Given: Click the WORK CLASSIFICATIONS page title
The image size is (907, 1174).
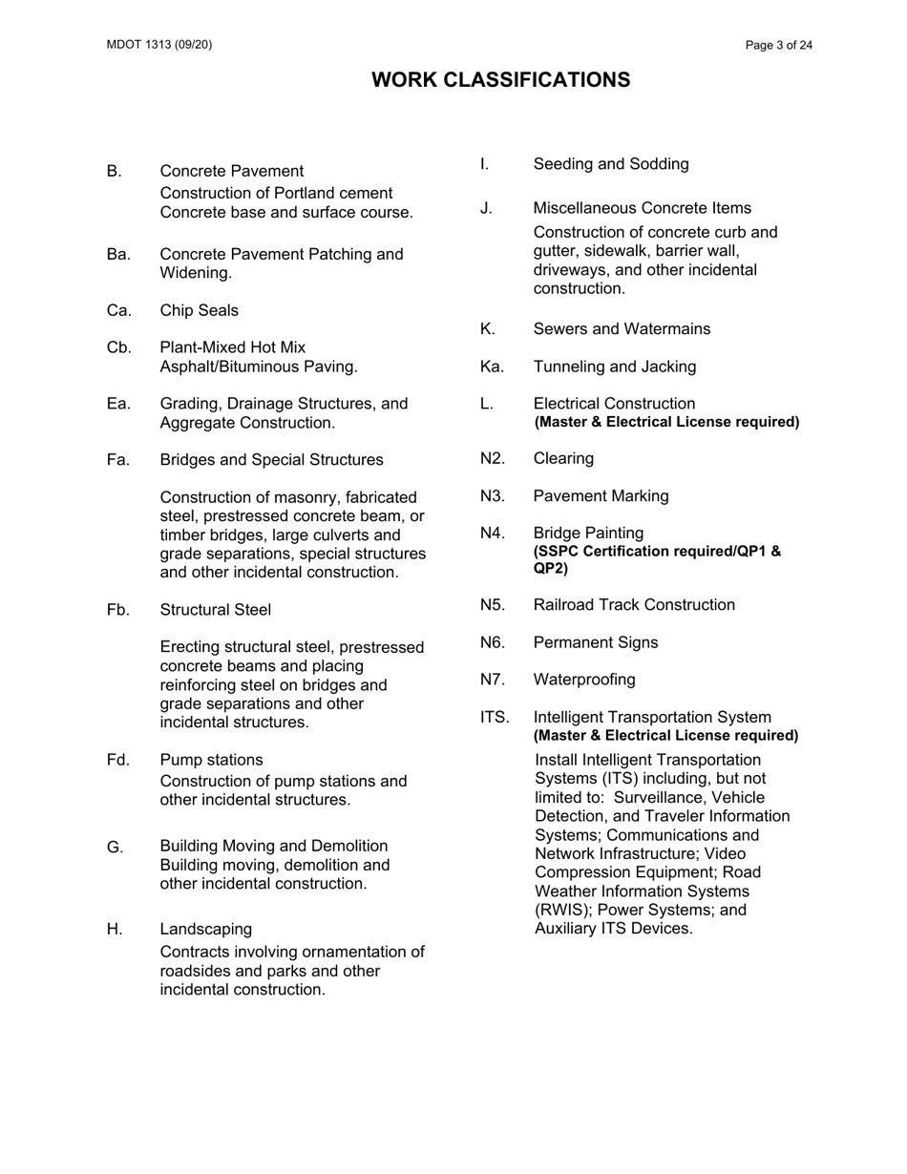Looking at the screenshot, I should (500, 80).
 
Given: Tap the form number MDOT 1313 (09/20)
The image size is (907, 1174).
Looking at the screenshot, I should (159, 45).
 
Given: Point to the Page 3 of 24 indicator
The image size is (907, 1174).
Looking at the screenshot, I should (779, 45).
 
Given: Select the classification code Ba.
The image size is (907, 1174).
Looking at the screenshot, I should (119, 255).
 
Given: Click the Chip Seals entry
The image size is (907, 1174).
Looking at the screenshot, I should (200, 311).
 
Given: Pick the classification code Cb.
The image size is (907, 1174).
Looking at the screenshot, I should (119, 347).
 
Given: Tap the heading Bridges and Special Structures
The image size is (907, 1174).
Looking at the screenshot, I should (271, 460).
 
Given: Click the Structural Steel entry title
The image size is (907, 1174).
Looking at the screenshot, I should (215, 610).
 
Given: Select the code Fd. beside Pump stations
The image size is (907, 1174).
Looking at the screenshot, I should (118, 761).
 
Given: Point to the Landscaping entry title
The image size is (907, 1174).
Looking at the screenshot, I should (206, 929).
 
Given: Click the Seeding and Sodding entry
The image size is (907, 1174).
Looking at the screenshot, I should (610, 164).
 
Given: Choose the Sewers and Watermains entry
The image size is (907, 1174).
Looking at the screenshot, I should (622, 329).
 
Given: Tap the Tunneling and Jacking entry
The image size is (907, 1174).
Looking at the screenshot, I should (614, 367).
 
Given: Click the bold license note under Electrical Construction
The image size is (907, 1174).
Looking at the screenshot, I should (665, 422).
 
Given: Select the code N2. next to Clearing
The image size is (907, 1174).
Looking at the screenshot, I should (493, 459).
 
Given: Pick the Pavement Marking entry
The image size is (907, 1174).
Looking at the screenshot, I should (601, 496).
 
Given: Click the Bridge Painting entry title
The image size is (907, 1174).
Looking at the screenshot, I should (588, 533).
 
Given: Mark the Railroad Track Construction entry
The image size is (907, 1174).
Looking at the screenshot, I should (634, 605).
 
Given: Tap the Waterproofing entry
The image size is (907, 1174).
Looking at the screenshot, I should (583, 680).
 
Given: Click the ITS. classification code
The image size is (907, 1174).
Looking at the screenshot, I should (495, 718).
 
